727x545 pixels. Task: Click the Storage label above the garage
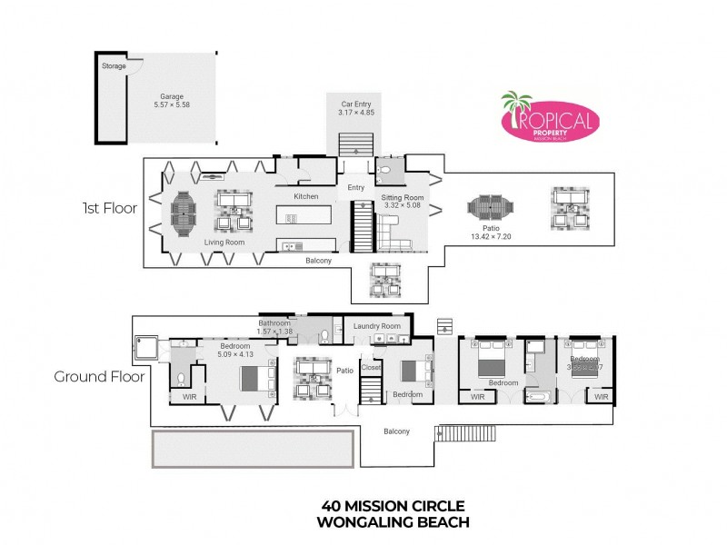coord(115,65)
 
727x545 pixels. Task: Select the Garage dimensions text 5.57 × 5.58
coord(173,104)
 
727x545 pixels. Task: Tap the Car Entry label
coord(356,104)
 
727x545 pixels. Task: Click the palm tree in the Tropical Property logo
coord(517,107)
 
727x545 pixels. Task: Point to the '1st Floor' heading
coord(108,208)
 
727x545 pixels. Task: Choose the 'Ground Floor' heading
coord(98,376)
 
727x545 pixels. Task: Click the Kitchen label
coord(306,196)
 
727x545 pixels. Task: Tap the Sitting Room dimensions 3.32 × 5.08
coord(403,206)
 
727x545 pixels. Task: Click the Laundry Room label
coord(377,325)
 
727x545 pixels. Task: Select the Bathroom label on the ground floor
coord(274,322)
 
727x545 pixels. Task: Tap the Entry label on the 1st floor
coord(355,188)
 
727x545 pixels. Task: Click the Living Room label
coord(224,242)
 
